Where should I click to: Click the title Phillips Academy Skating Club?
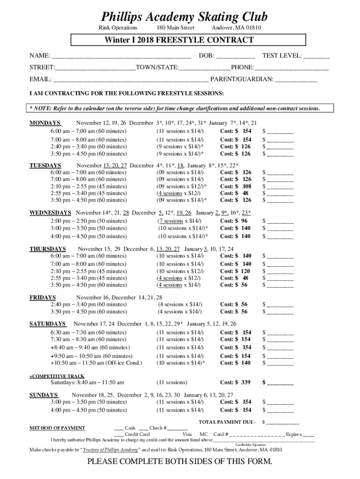184,17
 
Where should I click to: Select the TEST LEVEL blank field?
316,56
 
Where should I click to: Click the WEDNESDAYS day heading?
50,212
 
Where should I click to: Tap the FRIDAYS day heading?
43,298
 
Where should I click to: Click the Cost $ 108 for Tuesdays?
236,186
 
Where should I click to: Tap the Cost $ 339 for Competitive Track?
236,383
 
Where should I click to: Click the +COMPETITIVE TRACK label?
57,376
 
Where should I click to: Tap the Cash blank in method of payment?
119,428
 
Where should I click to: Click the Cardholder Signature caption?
251,444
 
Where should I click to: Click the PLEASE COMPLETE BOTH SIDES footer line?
180,463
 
